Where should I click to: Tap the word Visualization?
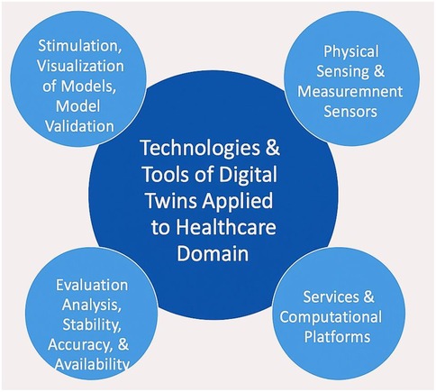pos(80,66)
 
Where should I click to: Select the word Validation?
pos(79,126)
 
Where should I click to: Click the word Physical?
pos(350,51)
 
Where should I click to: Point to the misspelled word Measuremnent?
pos(350,92)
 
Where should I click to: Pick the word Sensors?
pos(350,112)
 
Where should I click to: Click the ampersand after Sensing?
pos(379,71)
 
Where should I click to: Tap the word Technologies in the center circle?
pos(200,149)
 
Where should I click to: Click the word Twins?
pos(172,200)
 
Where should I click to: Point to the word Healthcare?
pos(226,226)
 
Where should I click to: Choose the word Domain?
pos(213,253)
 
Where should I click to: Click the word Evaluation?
pos(92,285)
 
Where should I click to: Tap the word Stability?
pos(92,325)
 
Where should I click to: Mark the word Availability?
pos(92,365)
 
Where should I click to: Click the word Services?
pos(331,296)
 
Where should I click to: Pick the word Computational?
pos(331,317)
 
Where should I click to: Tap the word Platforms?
pos(337,337)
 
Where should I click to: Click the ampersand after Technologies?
pos(273,149)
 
